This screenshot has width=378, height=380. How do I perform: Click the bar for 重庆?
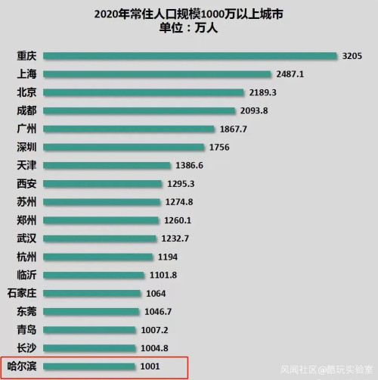click(190, 56)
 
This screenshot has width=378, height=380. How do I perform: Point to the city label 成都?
click(26, 111)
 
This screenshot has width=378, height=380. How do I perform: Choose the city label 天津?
click(26, 165)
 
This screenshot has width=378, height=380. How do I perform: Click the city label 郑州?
click(26, 220)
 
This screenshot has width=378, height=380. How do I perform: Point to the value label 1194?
click(167, 257)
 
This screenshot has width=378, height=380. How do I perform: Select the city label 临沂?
click(26, 275)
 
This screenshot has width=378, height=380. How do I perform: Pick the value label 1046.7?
click(159, 311)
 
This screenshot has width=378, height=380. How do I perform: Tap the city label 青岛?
click(26, 329)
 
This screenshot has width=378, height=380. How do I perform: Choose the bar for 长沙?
click(90, 347)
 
